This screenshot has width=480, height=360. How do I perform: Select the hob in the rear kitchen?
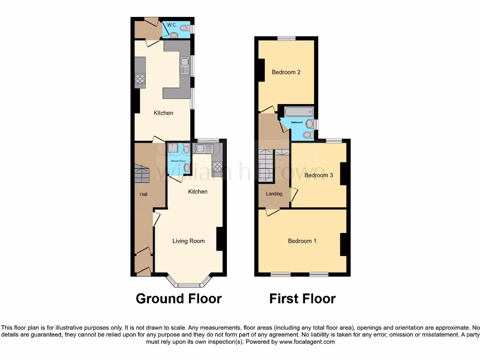point(140,79)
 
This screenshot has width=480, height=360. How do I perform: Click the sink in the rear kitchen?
point(184,66)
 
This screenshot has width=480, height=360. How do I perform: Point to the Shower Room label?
point(179,161)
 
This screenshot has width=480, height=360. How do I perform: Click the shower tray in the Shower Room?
point(173,149)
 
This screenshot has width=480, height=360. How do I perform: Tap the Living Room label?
point(188,241)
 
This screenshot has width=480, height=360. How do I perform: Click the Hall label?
point(143,194)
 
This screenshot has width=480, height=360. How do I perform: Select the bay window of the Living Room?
point(190,281)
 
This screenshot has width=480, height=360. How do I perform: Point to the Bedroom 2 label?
point(286,72)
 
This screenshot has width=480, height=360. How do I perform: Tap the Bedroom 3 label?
point(319,175)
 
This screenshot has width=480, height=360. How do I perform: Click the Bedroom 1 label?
point(302,241)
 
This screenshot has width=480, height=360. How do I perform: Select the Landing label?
point(274,194)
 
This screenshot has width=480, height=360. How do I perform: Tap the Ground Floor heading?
point(179,298)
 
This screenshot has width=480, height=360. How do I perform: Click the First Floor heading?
point(302,298)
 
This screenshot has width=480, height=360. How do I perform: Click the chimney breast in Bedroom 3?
point(343,173)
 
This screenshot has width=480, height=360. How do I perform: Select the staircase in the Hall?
point(142,175)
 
